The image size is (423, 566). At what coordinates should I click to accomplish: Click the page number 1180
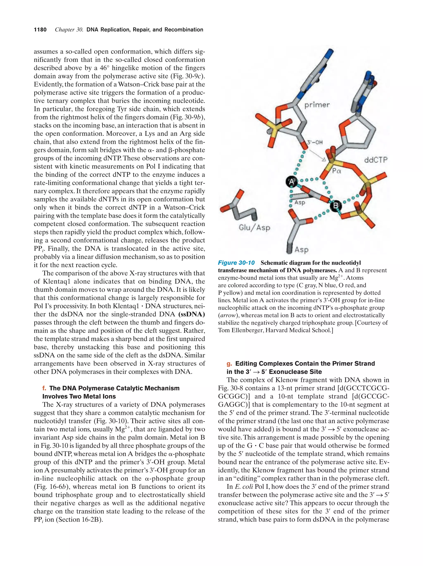(40, 30)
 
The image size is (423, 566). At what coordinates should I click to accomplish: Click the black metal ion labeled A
(291, 182)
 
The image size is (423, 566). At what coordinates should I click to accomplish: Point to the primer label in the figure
(317, 105)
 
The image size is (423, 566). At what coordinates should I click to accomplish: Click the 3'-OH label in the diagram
(315, 142)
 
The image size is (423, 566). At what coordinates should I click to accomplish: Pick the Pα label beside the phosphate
(336, 171)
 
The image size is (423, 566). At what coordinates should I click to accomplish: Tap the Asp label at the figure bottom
(301, 249)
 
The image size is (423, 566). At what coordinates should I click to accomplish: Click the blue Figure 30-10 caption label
(236, 263)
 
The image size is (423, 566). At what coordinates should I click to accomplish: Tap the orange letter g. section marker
(229, 364)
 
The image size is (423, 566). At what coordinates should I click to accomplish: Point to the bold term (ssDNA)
(192, 314)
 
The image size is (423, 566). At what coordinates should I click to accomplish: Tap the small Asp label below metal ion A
(300, 202)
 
